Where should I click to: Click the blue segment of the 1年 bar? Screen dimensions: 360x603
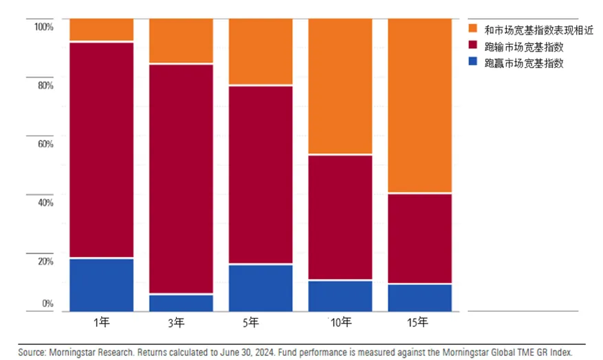(102, 284)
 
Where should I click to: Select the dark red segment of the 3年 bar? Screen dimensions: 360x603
(181, 179)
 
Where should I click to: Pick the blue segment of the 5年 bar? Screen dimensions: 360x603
(261, 287)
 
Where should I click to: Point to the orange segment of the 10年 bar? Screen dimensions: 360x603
(340, 87)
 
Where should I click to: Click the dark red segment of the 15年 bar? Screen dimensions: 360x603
(420, 238)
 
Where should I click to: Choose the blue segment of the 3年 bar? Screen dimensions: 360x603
(181, 302)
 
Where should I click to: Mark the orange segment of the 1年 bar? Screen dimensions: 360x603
(102, 30)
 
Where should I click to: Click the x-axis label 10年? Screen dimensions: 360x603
(340, 322)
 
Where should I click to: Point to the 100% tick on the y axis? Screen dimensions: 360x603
(43, 26)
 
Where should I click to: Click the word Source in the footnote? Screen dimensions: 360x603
(31, 352)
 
